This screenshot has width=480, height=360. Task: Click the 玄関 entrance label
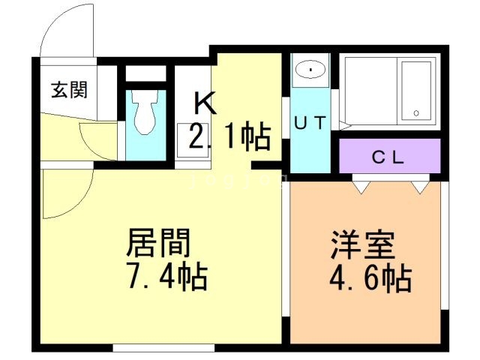pyautogui.click(x=69, y=91)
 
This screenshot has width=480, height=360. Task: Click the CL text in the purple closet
pyautogui.click(x=389, y=157)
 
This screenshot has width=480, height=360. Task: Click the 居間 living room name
pyautogui.click(x=159, y=243)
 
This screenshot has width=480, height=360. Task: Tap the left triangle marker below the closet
pyautogui.click(x=361, y=186)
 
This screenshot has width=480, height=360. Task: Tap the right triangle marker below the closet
pyautogui.click(x=417, y=186)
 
